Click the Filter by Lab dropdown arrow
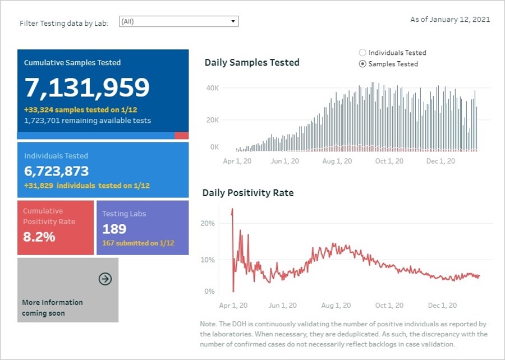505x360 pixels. [233, 22]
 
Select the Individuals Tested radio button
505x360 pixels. [362, 53]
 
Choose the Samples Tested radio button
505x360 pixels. [362, 64]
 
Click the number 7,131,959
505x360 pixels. [87, 87]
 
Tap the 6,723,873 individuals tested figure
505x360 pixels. [57, 171]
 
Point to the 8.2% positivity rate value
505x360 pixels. [39, 237]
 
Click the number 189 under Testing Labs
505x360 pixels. [114, 229]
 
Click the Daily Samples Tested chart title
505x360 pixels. [252, 63]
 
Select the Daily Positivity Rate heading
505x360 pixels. [248, 193]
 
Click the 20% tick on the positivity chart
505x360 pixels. [208, 223]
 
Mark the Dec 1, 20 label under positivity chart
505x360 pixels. [443, 305]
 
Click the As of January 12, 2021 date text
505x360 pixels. [450, 20]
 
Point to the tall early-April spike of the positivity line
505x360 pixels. [232, 212]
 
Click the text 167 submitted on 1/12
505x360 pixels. [138, 243]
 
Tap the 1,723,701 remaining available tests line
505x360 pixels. [88, 121]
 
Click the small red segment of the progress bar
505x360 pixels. [181, 136]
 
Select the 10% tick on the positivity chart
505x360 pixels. [208, 260]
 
